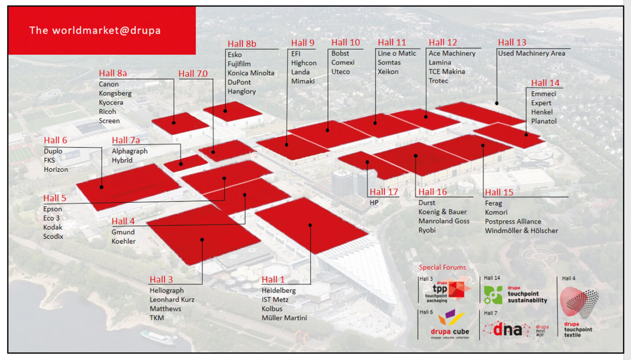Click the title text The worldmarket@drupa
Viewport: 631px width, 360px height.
95,30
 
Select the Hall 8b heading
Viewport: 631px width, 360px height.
242,44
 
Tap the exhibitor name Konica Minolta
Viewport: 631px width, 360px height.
251,73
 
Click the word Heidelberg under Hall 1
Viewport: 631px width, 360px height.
278,290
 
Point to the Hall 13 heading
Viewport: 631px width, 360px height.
512,42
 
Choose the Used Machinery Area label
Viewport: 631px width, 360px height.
531,53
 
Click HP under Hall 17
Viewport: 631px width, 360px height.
374,202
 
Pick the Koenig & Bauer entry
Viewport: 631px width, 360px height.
442,212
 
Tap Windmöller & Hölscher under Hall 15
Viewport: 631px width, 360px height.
521,231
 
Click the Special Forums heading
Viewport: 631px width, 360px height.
442,267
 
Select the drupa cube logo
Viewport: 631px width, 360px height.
450,325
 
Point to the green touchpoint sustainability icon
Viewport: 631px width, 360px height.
493,295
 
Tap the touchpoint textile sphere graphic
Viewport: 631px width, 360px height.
579,303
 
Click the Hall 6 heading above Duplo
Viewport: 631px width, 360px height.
55,140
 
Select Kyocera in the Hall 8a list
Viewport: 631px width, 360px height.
111,102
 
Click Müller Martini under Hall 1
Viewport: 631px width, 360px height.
284,318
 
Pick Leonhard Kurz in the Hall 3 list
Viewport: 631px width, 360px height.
172,300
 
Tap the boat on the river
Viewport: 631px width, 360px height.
159,337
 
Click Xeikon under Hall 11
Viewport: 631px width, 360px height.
388,72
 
